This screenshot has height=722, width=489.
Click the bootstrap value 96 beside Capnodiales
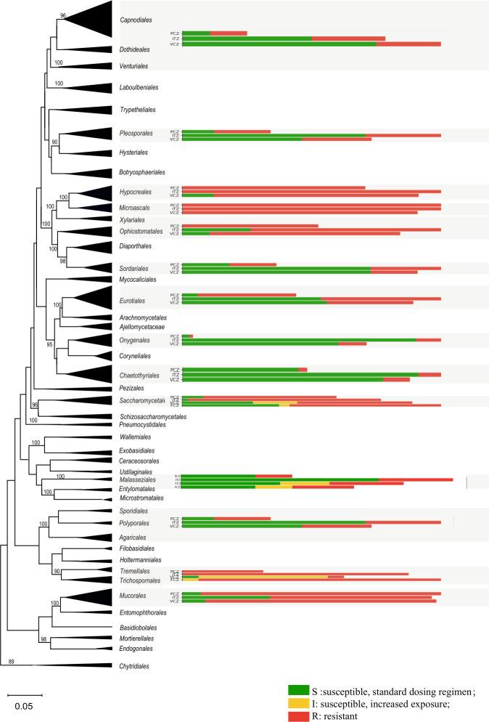pos(63,15)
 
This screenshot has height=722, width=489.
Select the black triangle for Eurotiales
pos(94,299)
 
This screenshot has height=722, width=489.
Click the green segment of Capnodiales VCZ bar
pos(279,44)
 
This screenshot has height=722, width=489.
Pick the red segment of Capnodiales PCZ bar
pos(229,33)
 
